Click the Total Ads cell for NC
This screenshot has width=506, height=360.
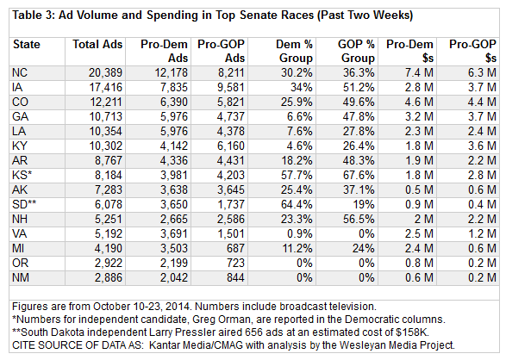click(105, 73)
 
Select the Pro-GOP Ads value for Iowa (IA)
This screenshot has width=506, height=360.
click(230, 87)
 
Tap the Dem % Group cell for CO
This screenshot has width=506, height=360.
click(297, 102)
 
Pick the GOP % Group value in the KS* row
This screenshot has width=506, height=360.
click(359, 176)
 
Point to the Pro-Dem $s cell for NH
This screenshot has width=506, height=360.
click(423, 219)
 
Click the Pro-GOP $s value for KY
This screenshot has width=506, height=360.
click(482, 146)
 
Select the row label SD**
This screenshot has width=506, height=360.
click(24, 204)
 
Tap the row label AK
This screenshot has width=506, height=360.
click(20, 189)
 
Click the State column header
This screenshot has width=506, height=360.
click(27, 44)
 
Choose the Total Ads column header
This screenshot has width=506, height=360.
click(97, 44)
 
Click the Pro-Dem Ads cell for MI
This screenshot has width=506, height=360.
click(173, 249)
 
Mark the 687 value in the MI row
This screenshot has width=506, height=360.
click(235, 249)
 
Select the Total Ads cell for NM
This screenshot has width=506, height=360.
click(108, 278)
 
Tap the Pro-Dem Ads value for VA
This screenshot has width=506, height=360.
click(173, 233)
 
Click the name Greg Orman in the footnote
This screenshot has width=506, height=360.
click(222, 320)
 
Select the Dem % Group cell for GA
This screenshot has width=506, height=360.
click(299, 116)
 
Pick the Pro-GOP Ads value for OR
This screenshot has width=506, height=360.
click(235, 263)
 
